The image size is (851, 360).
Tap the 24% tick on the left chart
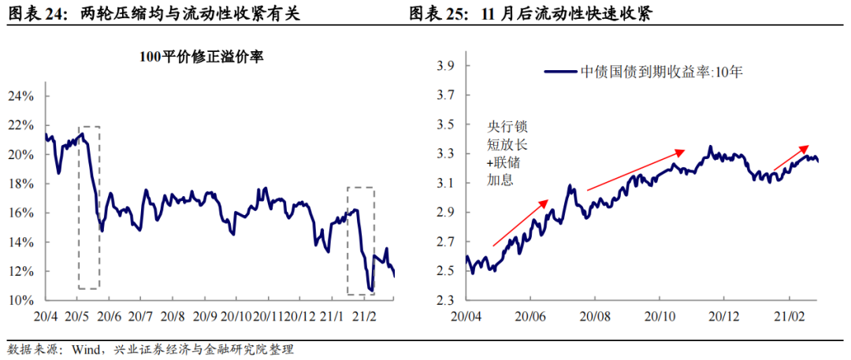point(21,97)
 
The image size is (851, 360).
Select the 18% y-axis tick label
point(21,184)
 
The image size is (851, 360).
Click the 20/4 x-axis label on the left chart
point(46,317)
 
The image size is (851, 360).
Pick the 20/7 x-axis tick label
point(139,317)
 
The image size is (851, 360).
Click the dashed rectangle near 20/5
point(89,207)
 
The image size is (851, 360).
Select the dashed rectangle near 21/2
point(361,241)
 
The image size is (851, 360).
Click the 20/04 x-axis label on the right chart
point(466,317)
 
